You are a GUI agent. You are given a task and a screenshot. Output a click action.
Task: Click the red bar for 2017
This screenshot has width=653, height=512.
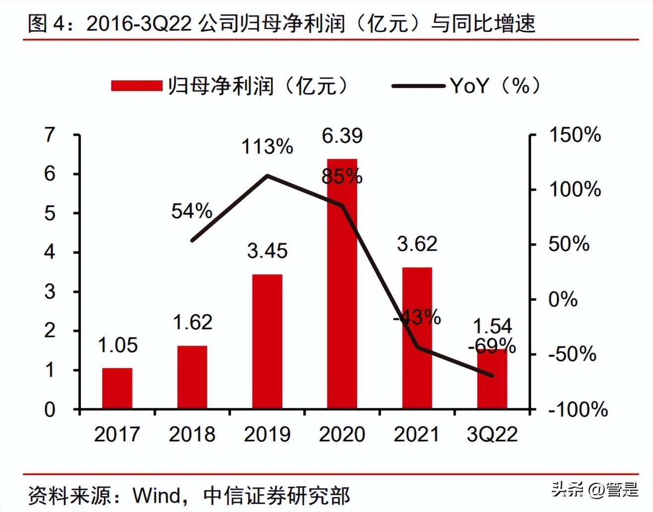(117, 388)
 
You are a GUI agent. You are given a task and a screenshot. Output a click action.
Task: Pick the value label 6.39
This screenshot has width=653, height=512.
(342, 136)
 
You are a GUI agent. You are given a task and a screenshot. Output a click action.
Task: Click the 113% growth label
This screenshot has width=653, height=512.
(267, 147)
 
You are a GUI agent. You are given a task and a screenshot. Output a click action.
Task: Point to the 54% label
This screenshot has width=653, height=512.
(192, 211)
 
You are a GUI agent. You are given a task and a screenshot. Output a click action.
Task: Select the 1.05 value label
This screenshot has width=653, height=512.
(118, 345)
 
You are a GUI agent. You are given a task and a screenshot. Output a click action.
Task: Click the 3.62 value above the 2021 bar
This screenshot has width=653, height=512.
(417, 244)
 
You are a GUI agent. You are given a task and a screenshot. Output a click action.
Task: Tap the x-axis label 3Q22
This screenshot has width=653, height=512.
(492, 435)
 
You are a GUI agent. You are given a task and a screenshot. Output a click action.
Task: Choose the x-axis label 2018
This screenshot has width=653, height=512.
(192, 435)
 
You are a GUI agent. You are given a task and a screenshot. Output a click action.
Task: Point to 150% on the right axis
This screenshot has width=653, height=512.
(575, 135)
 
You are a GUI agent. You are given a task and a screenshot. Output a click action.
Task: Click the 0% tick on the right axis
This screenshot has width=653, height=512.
(563, 300)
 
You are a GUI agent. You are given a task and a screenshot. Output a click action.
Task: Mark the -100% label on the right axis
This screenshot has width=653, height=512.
(578, 410)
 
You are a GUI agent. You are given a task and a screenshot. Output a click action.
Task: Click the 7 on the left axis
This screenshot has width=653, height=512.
(50, 135)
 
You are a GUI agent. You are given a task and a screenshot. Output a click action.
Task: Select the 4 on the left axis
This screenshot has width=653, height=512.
(50, 253)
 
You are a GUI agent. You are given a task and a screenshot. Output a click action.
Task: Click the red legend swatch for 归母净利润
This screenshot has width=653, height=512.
(136, 86)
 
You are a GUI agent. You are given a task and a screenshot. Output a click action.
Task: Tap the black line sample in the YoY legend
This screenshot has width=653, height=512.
(418, 86)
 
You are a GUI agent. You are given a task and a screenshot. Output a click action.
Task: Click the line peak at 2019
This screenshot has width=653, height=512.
(267, 175)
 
